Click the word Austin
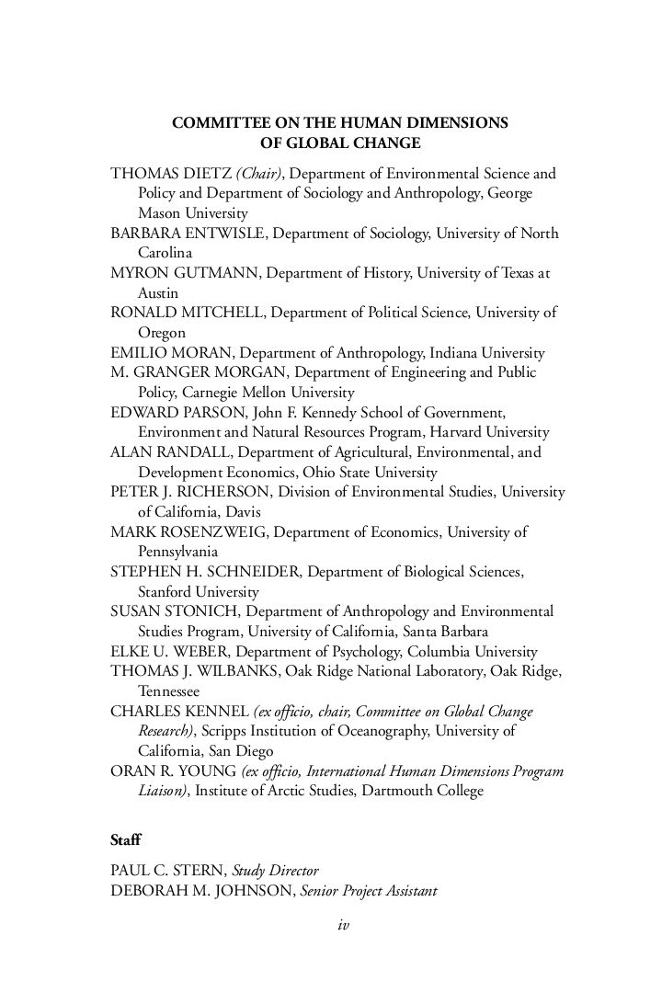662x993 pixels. point(158,292)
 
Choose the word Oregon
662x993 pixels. point(162,333)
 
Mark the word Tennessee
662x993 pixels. point(168,691)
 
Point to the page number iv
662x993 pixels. point(344,925)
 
